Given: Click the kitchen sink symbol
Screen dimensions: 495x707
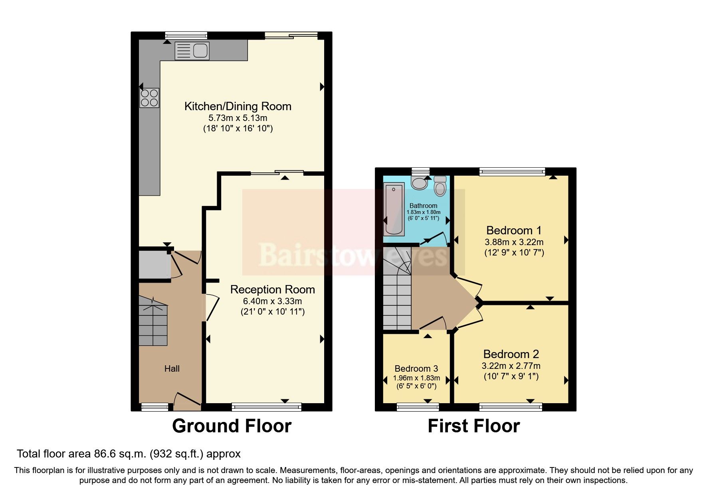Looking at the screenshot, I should (x=192, y=51).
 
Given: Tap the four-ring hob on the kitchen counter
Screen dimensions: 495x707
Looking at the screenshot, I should (x=149, y=98).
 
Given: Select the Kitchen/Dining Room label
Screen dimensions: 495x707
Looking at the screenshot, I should (x=238, y=106).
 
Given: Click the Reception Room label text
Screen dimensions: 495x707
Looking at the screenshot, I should (x=272, y=289).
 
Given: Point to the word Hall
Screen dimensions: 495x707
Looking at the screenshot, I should (x=172, y=368).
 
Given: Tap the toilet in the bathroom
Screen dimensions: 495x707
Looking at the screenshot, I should (x=440, y=186).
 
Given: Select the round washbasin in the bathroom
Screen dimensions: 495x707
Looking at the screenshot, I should (x=420, y=183).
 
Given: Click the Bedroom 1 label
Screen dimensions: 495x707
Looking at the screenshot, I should (x=514, y=230).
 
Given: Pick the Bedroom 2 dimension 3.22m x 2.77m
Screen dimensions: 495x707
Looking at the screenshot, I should (x=511, y=366).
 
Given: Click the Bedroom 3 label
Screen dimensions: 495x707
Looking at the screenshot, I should (x=416, y=368).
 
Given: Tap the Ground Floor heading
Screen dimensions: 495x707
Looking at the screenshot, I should (x=232, y=426).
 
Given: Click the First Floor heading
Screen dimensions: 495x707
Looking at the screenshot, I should (x=473, y=426).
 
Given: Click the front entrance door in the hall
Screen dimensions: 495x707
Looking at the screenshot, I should (x=187, y=401).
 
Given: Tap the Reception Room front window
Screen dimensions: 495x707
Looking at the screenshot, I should (x=266, y=407).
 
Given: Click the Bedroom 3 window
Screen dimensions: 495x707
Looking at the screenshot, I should (x=418, y=407).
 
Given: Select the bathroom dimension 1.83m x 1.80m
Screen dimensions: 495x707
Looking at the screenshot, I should (x=423, y=212).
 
